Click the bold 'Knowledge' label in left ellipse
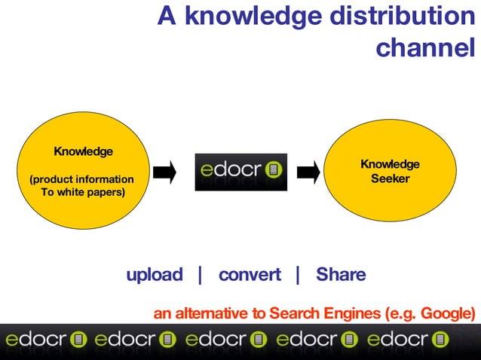(x=83, y=151)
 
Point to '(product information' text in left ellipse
(x=81, y=179)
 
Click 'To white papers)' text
(x=82, y=192)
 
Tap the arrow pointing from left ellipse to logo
(x=164, y=172)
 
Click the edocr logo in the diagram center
(x=240, y=171)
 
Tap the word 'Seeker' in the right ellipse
(x=390, y=178)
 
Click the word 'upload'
(x=155, y=275)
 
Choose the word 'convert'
(x=250, y=275)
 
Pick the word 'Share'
(x=341, y=275)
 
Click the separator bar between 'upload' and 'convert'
(x=200, y=275)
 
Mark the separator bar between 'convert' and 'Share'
(x=298, y=275)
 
